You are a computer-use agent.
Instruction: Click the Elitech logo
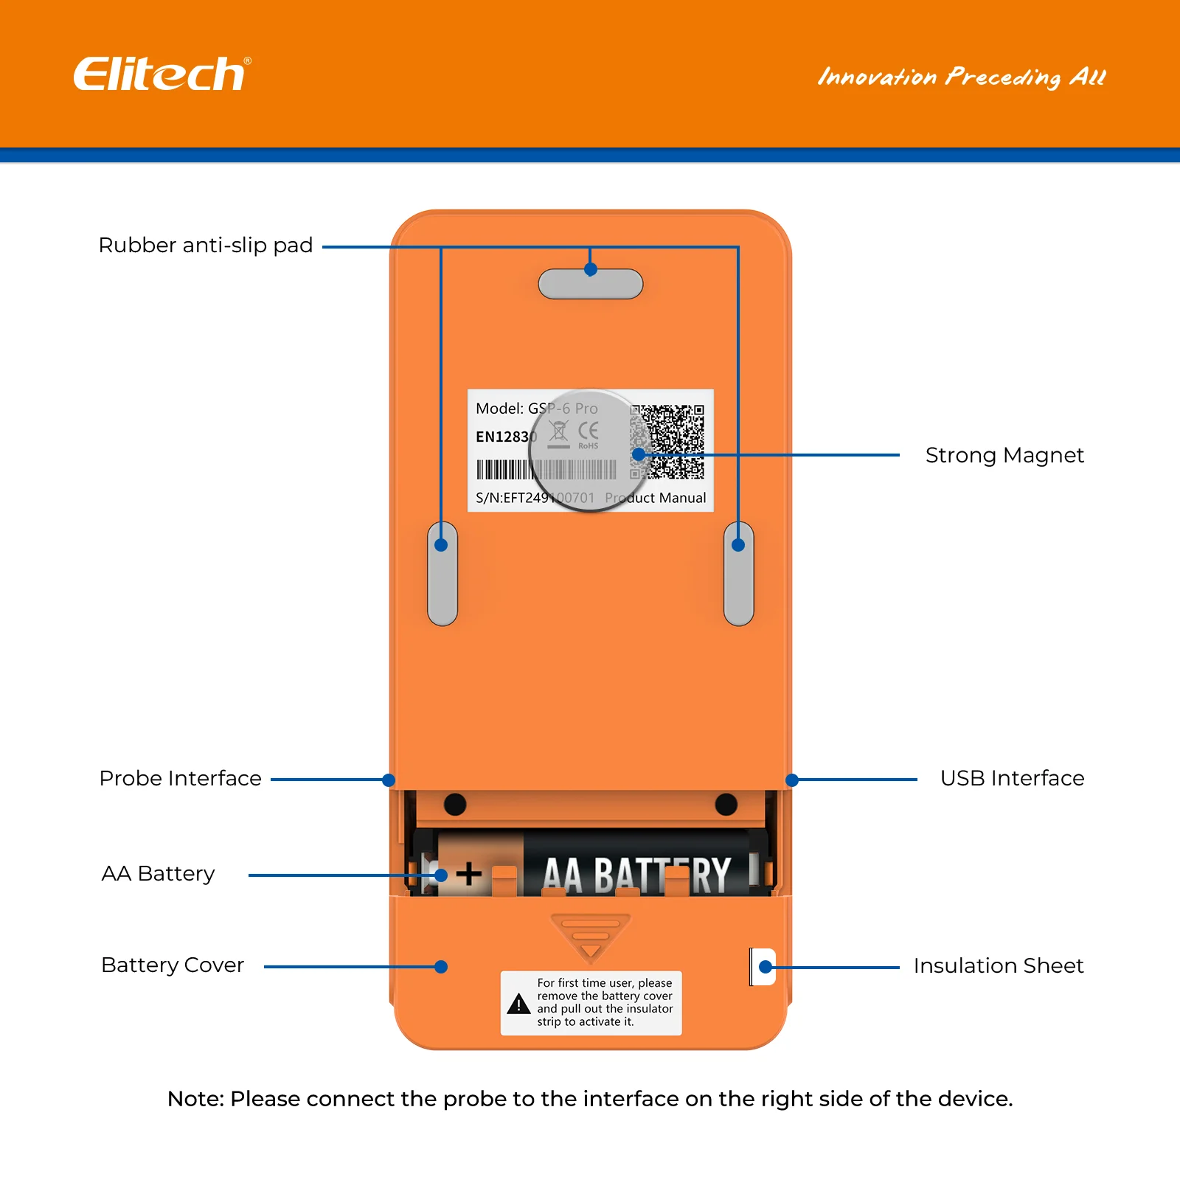(161, 74)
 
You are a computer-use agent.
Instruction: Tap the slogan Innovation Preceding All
(961, 77)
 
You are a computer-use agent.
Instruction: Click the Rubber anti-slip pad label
(206, 245)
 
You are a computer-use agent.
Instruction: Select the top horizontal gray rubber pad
(590, 285)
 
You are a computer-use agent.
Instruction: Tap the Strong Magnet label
(1004, 455)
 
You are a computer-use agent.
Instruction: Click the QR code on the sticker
(668, 441)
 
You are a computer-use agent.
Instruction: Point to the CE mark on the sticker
(588, 431)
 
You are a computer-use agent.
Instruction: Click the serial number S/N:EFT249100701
(535, 498)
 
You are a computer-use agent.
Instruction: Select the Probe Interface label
(181, 778)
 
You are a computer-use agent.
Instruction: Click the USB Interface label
(1012, 778)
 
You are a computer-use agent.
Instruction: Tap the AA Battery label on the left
(158, 873)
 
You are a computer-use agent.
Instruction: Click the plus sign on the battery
(468, 875)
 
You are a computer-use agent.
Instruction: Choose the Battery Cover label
(173, 965)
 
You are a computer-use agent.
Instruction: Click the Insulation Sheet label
(998, 965)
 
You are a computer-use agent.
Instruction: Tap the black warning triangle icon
(518, 1004)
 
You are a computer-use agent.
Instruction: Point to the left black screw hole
(455, 804)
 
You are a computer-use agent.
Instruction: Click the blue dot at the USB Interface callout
(792, 780)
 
